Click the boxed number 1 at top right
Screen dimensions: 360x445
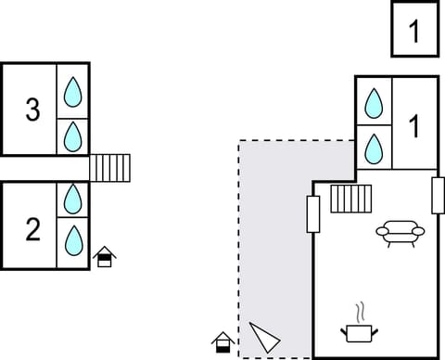click(x=413, y=31)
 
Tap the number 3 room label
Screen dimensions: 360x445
click(x=32, y=110)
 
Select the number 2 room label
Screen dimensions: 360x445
click(x=32, y=228)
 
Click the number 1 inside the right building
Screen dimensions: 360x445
click(x=414, y=123)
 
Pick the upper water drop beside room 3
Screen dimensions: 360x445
click(x=73, y=91)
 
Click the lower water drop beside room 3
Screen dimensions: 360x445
click(x=73, y=136)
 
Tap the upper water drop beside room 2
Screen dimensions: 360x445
click(x=73, y=199)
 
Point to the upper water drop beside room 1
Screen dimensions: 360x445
click(x=374, y=103)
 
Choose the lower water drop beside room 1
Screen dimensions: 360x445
click(x=374, y=148)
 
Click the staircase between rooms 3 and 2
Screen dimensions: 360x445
click(x=110, y=168)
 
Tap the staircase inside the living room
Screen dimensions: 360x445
click(x=350, y=199)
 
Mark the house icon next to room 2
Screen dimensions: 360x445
click(x=105, y=256)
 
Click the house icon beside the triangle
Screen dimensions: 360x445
click(x=222, y=341)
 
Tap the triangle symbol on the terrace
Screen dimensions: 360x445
click(x=263, y=336)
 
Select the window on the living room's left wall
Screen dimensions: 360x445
click(x=313, y=213)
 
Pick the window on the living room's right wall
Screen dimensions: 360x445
click(x=438, y=194)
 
